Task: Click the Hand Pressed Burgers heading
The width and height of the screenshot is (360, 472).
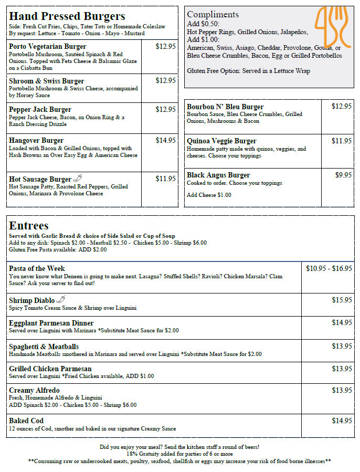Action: pyautogui.click(x=67, y=16)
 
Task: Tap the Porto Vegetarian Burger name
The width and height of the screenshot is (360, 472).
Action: pyautogui.click(x=48, y=47)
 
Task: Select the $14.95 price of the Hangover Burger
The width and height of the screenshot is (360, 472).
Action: pyautogui.click(x=165, y=140)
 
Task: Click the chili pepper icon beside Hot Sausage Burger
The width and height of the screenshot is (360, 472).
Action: pyautogui.click(x=78, y=179)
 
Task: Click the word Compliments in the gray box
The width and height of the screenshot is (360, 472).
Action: pyautogui.click(x=213, y=14)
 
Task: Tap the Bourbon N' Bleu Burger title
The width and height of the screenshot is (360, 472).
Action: pyautogui.click(x=225, y=107)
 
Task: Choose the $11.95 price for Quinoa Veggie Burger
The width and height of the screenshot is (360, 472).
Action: pyautogui.click(x=341, y=141)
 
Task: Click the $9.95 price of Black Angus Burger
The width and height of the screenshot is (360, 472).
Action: pyautogui.click(x=343, y=175)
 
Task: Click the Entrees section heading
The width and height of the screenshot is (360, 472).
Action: pyautogui.click(x=29, y=226)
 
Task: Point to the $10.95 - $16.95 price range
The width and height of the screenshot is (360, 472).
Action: pyautogui.click(x=329, y=268)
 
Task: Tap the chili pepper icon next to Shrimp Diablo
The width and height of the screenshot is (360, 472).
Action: pyautogui.click(x=61, y=300)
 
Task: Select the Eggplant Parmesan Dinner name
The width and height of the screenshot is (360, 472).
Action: pyautogui.click(x=51, y=323)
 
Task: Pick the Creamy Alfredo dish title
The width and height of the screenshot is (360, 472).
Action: pyautogui.click(x=34, y=391)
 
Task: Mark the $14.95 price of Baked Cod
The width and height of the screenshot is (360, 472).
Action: pyautogui.click(x=342, y=421)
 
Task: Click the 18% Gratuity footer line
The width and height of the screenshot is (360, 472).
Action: pyautogui.click(x=179, y=454)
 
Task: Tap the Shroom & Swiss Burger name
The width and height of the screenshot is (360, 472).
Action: pyautogui.click(x=47, y=81)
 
